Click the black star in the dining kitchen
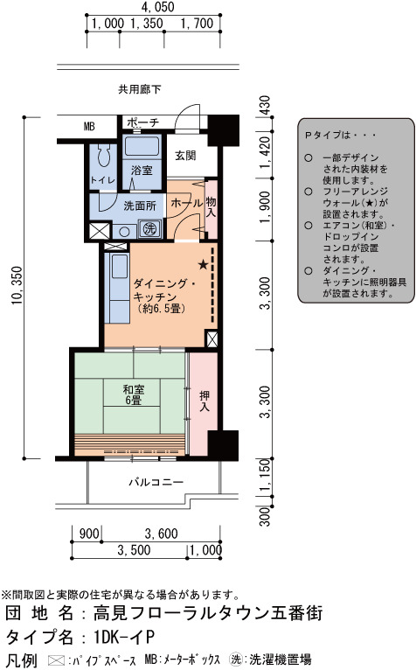204,264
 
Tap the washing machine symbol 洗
150,229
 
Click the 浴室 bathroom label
142,170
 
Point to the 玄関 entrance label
185,156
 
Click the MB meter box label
89,127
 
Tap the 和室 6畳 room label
134,394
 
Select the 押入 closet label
205,401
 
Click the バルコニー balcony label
156,482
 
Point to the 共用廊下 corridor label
140,89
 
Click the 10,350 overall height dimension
17,285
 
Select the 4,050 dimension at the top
157,7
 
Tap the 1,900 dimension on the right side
265,206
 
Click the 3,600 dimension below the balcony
161,534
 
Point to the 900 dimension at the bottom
89,534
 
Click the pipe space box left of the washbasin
100,231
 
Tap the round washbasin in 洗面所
124,232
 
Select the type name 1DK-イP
124,637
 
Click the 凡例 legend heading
21,660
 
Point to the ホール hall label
187,203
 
